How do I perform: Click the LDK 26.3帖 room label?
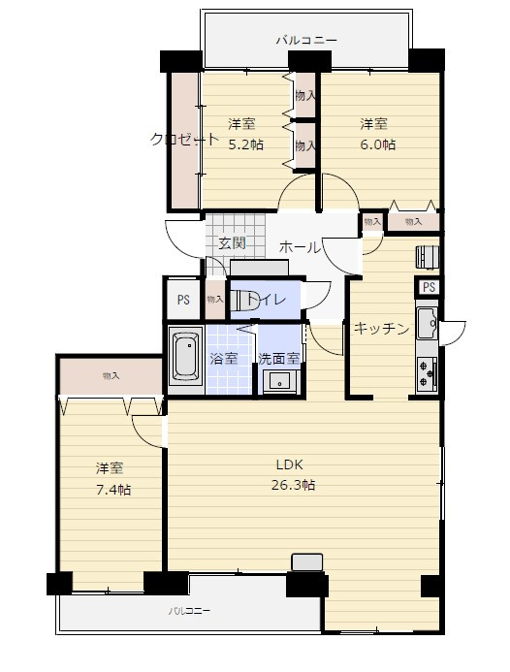click(x=293, y=475)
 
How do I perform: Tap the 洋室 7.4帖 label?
click(x=113, y=479)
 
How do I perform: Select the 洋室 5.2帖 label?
click(x=245, y=134)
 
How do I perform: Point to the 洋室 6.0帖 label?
click(x=377, y=134)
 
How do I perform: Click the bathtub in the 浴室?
click(x=185, y=357)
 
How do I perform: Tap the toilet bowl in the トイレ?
click(x=243, y=299)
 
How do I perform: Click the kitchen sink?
click(x=427, y=322)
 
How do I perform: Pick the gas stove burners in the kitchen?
click(x=427, y=373)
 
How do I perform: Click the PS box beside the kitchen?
click(x=429, y=287)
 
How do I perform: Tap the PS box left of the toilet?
click(x=183, y=300)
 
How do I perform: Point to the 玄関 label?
click(x=233, y=243)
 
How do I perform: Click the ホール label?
click(x=300, y=247)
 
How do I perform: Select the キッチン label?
click(x=381, y=329)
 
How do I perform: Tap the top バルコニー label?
click(x=306, y=41)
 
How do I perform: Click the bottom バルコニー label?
click(x=189, y=611)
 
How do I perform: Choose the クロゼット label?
click(x=185, y=140)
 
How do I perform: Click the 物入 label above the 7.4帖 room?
click(x=111, y=376)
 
